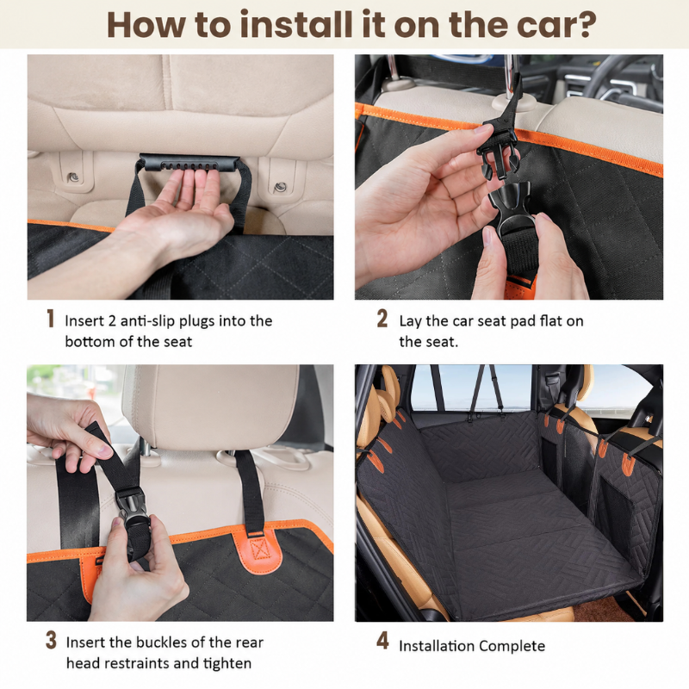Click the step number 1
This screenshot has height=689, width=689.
(x=51, y=319)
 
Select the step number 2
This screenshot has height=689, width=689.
(x=382, y=319)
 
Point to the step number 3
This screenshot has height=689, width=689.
(x=51, y=640)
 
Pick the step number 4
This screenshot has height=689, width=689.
(x=382, y=641)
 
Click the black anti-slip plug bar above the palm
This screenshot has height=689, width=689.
(x=189, y=163)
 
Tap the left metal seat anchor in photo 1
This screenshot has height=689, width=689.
(x=74, y=177)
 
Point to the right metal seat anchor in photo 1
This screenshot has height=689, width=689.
(x=279, y=187)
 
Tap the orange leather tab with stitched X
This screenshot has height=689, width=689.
(x=257, y=548)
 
